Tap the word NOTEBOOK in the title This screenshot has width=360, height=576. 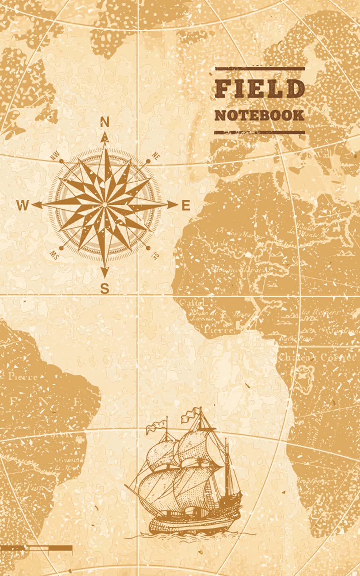(259, 115)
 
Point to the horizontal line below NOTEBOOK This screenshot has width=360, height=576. (259, 132)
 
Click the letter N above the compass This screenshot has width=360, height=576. (104, 123)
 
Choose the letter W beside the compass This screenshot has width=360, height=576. (22, 206)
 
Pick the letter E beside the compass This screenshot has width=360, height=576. (186, 206)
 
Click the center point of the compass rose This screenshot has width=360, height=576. (104, 204)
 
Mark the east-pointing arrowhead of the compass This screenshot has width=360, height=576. (172, 205)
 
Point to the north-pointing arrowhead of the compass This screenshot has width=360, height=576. (105, 138)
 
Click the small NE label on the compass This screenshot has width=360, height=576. (156, 156)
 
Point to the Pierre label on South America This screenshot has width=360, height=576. (22, 377)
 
